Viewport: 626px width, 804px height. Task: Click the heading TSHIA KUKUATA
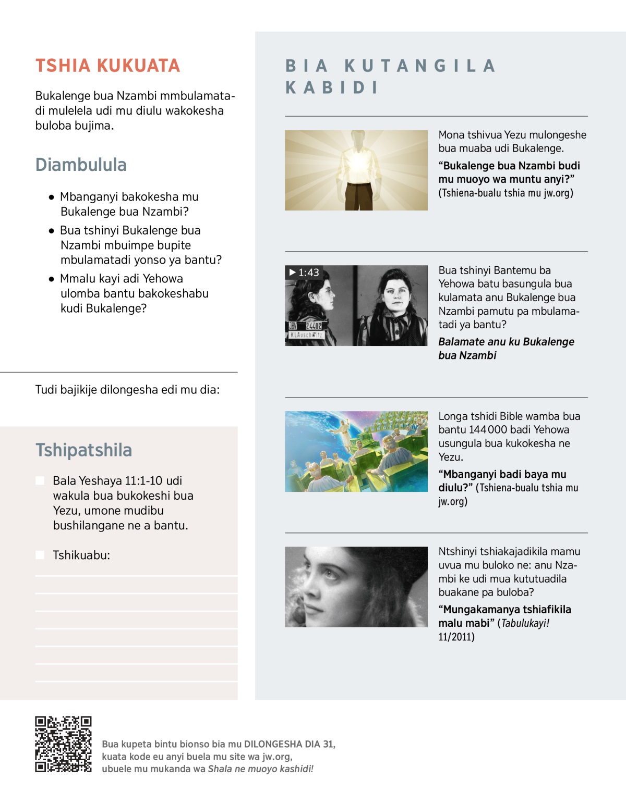coord(107,66)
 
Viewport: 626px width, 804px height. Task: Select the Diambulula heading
coord(81,165)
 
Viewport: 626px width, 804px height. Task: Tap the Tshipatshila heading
coord(83,450)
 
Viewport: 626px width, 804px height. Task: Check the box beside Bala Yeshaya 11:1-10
coord(40,480)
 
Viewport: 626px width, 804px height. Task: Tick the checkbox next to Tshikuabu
coord(40,555)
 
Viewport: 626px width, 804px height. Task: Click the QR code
coord(63,744)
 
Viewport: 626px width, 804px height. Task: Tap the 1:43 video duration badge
coord(304,273)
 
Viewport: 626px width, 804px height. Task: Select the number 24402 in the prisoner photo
coord(314,326)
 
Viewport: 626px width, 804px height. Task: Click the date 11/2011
coord(456,637)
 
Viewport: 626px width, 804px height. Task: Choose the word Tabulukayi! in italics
coord(525,623)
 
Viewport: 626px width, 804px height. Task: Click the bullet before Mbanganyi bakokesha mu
coord(51,197)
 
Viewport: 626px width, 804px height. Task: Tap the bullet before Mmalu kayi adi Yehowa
coord(51,279)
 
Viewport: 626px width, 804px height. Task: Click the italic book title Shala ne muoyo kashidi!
coord(260,769)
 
